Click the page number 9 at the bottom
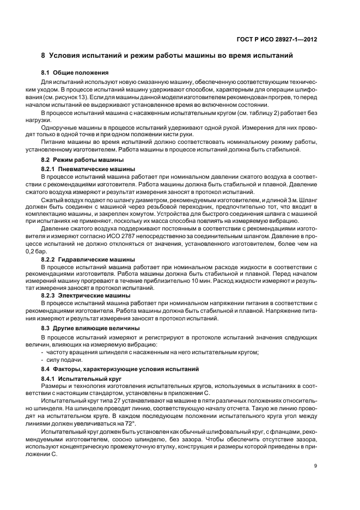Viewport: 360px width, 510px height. coord(316,466)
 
